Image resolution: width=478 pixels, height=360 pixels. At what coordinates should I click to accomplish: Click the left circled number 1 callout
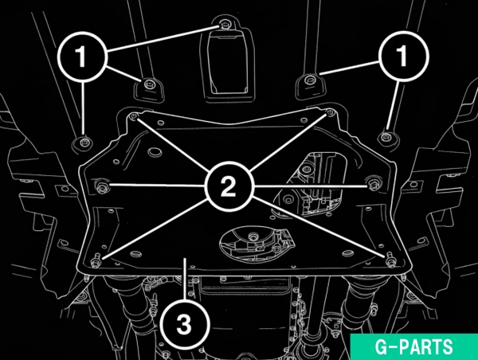point(82,57)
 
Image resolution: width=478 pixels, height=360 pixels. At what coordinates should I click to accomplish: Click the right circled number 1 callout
point(404,56)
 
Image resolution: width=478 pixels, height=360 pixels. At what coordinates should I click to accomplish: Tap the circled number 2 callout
point(229,186)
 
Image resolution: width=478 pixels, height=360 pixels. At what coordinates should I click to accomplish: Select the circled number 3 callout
point(185,323)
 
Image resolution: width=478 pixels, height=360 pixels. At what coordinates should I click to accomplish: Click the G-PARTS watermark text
point(414,346)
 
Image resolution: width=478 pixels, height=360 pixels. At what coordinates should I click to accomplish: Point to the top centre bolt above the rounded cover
point(225,24)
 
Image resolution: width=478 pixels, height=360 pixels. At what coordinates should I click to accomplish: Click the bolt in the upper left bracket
point(149,84)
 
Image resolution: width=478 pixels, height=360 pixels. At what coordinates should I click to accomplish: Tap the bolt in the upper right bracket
point(309,80)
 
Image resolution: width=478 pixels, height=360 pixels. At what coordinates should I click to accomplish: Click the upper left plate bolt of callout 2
point(135,116)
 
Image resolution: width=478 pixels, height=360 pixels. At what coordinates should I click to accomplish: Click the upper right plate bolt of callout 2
point(330,112)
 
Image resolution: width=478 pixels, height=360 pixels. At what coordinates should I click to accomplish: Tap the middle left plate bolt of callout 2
point(102,186)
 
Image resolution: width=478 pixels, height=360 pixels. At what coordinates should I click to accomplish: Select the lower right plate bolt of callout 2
point(390,260)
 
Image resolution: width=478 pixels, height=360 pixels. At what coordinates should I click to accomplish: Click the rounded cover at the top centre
point(227,60)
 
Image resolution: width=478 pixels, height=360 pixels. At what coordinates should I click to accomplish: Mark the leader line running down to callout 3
point(185,278)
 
